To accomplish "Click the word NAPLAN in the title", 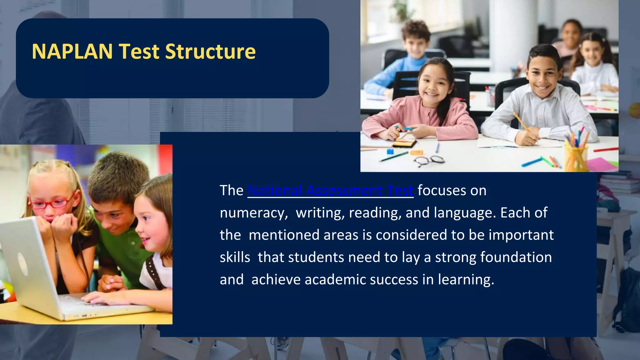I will click(72, 52).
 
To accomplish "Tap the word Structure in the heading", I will click(210, 52).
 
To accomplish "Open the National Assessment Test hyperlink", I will click(331, 190).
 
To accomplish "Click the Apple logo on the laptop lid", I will click(23, 264).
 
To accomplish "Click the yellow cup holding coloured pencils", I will click(576, 158).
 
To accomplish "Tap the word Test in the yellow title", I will click(139, 52).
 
